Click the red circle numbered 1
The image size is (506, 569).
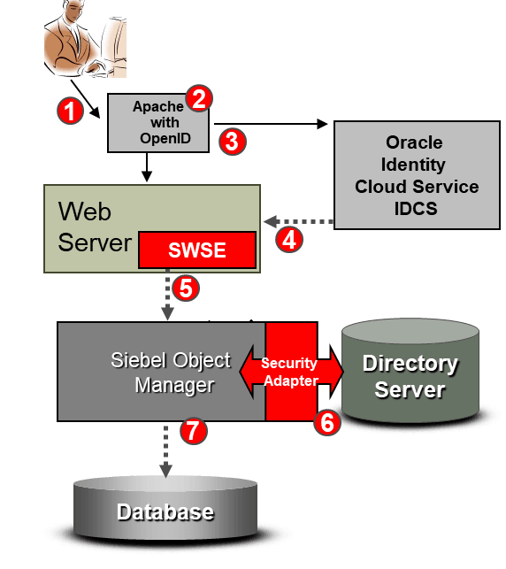point(70,111)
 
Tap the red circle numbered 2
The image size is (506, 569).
point(199,98)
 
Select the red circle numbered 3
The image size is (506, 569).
point(233,142)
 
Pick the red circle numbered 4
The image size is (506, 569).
point(289,240)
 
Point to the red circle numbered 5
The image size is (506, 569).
point(186,288)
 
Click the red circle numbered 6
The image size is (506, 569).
point(327,422)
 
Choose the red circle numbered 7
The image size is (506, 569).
point(194,430)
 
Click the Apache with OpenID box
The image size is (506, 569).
point(158,123)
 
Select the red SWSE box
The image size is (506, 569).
point(197,250)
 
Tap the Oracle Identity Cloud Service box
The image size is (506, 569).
point(417,175)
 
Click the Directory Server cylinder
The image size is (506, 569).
point(410,371)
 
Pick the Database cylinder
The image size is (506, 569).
point(165,507)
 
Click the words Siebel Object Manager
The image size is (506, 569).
point(171,373)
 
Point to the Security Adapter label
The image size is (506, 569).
point(290,372)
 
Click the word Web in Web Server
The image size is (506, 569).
point(85,211)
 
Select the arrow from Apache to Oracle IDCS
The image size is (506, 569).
point(271,124)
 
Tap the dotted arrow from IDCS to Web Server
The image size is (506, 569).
point(298,221)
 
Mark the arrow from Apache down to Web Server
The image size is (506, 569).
point(147,167)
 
